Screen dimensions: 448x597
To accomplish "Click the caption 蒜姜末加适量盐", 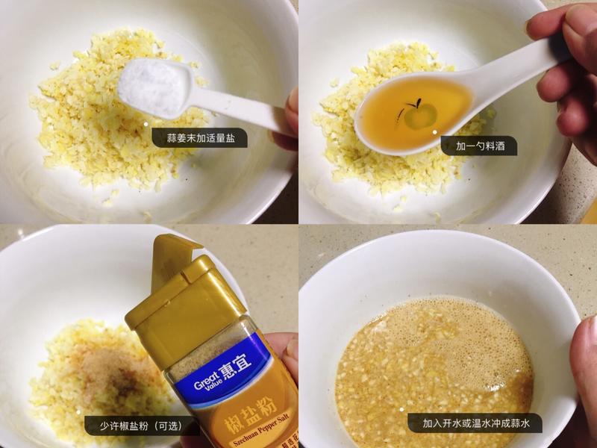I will [199, 137].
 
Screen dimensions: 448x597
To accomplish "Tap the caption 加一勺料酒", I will [478, 146].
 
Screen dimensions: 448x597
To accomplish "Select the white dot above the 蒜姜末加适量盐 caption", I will [146, 122].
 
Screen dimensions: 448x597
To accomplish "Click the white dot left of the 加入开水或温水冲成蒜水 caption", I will [401, 409].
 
